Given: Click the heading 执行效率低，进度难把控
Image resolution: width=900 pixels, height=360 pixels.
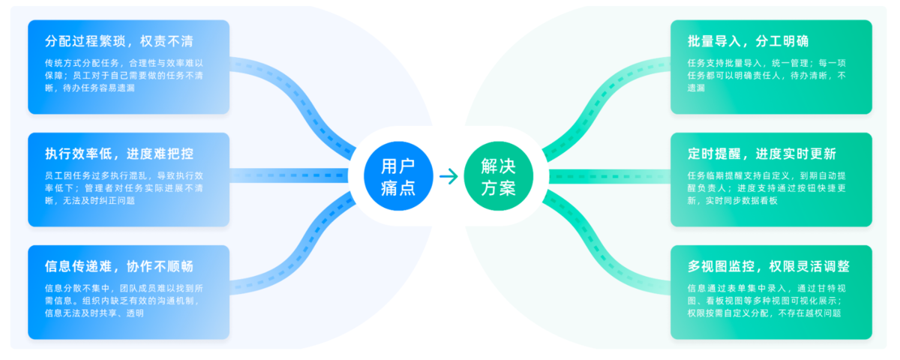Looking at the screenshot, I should click(119, 154).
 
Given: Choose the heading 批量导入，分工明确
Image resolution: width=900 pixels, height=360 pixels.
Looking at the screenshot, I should click(748, 41).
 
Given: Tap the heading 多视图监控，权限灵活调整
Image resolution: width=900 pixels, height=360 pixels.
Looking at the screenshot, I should click(769, 266).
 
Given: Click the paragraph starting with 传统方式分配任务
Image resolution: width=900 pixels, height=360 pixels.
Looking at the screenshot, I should click(124, 75).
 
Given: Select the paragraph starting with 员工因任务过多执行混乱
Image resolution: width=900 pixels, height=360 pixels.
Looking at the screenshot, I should click(124, 187).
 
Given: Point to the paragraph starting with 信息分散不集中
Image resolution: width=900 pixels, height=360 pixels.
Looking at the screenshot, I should click(124, 300).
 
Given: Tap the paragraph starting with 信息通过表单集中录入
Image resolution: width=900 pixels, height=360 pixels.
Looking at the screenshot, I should click(769, 300).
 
